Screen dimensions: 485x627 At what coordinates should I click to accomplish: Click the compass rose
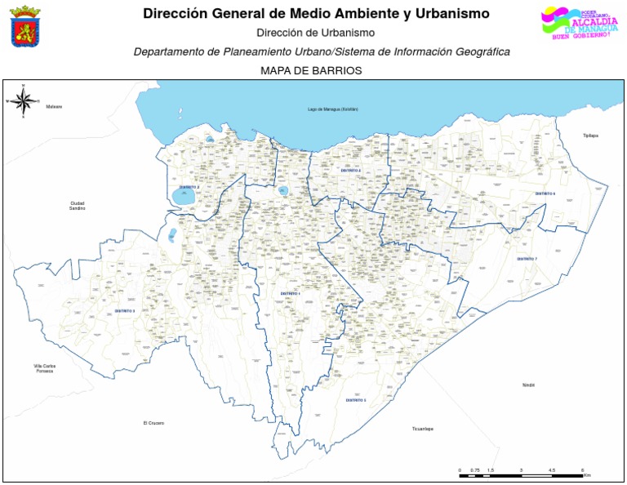24,101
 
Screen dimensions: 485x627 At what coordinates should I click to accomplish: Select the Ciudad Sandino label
78,206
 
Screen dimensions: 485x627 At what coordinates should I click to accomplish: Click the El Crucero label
153,423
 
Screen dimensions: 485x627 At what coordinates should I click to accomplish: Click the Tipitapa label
590,136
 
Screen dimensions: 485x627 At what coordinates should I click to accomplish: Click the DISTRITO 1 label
291,292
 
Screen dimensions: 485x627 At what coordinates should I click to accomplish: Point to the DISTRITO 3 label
125,311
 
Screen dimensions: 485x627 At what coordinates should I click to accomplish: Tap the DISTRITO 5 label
355,400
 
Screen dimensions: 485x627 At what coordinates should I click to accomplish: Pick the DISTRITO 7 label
527,258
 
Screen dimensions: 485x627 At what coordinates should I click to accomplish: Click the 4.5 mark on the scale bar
552,470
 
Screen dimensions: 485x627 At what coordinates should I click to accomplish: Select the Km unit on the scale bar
586,474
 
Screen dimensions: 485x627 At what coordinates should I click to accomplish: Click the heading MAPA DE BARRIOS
310,71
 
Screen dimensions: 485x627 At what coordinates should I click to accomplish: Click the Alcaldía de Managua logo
576,23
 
